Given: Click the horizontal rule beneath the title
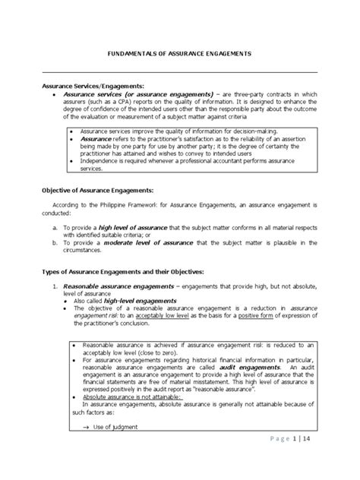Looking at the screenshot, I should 179,72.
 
